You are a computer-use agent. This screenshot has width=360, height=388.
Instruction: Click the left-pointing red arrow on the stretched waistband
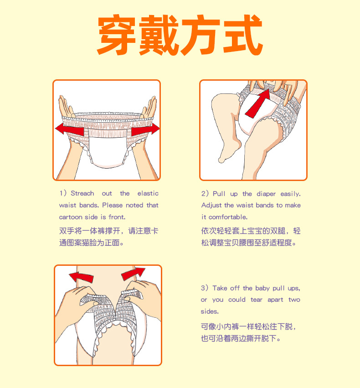[x=69, y=129]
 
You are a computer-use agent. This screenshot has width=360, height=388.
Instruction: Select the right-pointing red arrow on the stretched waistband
[x=145, y=129]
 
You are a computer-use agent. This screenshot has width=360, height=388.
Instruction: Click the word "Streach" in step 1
[x=82, y=194]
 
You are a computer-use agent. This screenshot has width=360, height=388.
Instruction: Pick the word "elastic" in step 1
[x=148, y=194]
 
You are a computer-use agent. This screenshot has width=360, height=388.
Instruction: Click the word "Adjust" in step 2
[x=211, y=206]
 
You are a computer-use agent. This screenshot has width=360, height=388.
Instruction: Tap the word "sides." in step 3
[x=210, y=312]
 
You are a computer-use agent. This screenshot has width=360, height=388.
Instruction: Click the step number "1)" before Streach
[x=63, y=194]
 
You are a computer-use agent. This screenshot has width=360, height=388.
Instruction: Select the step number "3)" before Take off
[x=205, y=288]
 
